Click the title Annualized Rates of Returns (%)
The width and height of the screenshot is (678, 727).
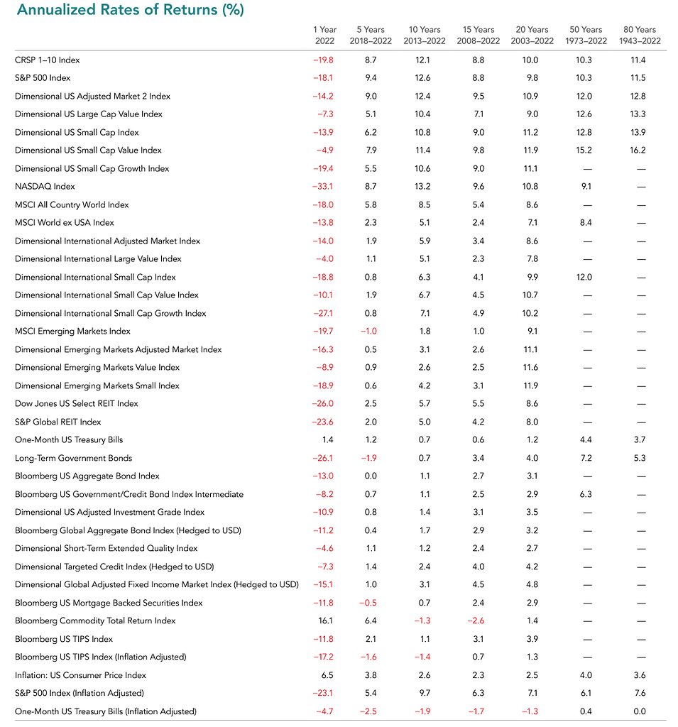point(123,10)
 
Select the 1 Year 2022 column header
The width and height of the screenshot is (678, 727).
point(324,35)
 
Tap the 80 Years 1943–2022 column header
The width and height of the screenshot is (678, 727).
point(640,35)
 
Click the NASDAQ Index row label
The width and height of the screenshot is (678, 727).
point(45,187)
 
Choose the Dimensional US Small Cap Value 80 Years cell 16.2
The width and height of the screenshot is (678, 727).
point(637,151)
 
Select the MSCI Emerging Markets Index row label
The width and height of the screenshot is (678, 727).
point(72,332)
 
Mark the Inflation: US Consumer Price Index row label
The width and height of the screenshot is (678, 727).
point(81,676)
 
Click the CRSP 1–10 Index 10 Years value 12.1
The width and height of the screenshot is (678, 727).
point(424,60)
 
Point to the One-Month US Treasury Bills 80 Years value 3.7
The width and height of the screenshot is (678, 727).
point(639,440)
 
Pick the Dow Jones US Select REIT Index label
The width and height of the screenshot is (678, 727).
point(77,404)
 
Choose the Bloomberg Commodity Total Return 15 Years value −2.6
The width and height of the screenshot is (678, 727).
point(478,621)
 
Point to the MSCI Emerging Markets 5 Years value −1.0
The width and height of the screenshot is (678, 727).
point(371,332)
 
